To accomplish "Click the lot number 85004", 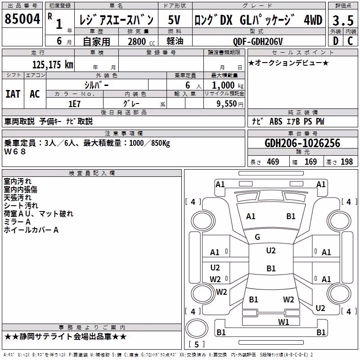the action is coord(22,19).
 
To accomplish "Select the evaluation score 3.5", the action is coord(343,20).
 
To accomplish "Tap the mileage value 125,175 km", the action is coord(53,65).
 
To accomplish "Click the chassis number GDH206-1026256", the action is coord(302,143).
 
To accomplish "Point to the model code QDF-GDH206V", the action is coord(258,41).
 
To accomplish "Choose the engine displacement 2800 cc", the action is coord(141,41).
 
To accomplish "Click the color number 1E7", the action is coord(74,104).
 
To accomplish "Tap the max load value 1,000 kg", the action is coord(228,85).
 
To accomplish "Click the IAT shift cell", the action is coord(13,94).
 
